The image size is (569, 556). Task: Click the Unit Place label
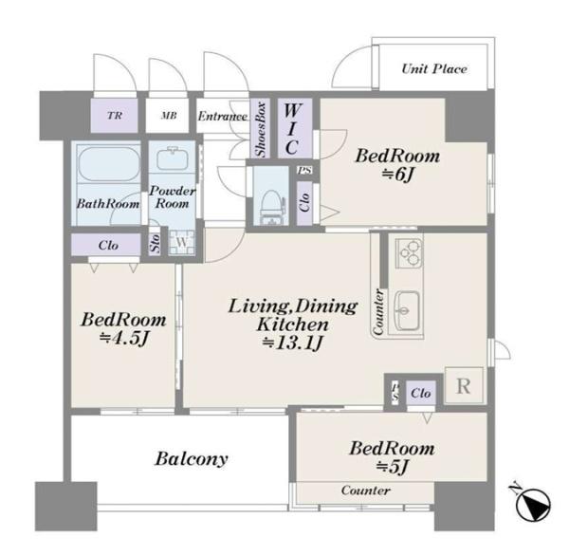434,68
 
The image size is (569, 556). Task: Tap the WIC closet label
292,128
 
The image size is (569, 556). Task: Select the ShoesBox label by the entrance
261,129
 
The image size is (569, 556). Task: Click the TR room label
115,116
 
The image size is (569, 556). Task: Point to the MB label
169,116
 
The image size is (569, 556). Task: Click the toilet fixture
269,207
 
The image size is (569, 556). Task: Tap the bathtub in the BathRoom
109,164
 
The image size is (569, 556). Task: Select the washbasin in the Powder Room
174,158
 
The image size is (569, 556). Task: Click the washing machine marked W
182,242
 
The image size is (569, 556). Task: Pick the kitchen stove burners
409,253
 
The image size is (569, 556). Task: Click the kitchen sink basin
407,309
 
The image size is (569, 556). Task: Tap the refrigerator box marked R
464,385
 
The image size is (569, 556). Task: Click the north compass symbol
533,504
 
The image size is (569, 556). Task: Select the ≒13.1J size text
292,343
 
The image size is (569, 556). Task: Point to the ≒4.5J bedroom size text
124,338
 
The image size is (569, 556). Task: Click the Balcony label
192,458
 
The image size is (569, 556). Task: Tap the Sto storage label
155,243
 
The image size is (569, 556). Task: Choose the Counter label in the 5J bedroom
366,491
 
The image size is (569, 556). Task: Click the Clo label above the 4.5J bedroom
108,245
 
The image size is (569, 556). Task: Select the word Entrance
223,116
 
